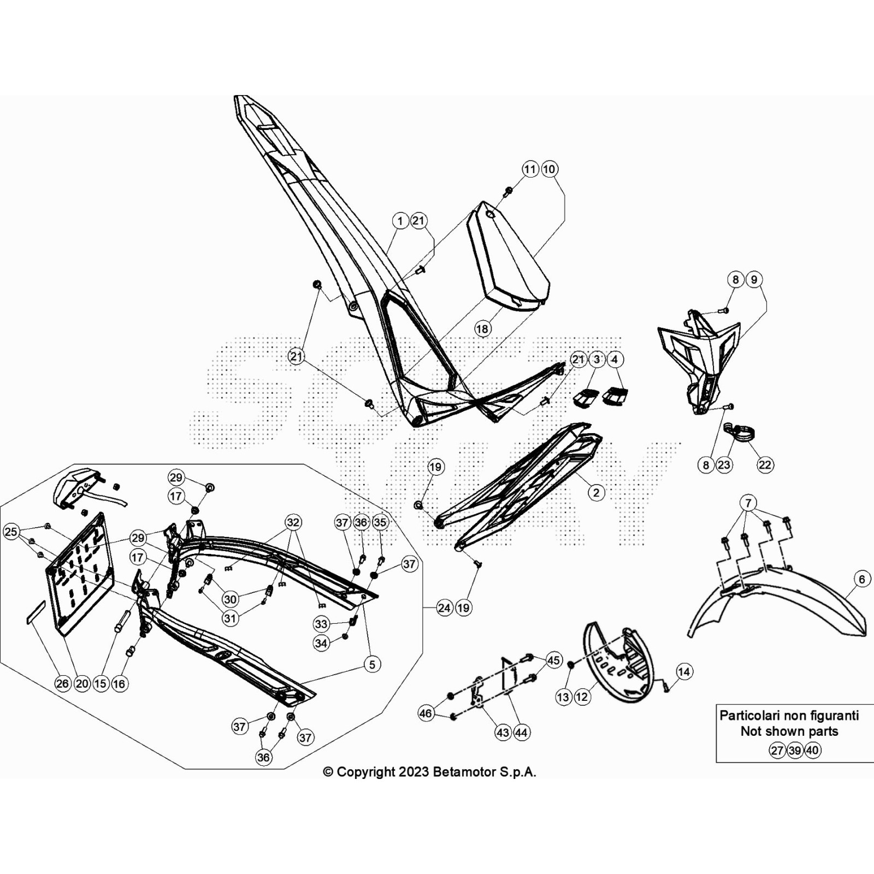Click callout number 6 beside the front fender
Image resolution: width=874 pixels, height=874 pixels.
tap(862, 578)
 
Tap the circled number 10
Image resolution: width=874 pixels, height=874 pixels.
tap(549, 169)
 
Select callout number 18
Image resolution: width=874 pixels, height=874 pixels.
tap(482, 329)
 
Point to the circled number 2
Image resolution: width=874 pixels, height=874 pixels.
tap(596, 493)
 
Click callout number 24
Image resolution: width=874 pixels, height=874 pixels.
tap(444, 607)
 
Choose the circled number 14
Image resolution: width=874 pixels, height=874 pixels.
tap(684, 671)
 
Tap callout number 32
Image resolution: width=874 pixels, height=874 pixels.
tap(293, 522)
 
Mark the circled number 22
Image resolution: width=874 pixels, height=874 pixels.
tap(765, 465)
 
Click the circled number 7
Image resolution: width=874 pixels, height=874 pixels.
tap(748, 503)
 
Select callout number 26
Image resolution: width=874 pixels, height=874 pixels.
tap(63, 683)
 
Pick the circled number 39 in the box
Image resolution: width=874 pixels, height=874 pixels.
tap(795, 751)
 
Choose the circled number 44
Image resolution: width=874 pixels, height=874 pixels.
tap(521, 733)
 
